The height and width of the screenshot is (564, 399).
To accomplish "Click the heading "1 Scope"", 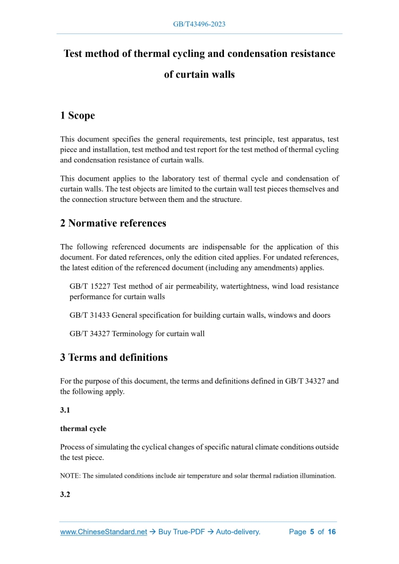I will click(77, 116).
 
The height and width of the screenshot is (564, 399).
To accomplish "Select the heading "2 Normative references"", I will click(113, 223).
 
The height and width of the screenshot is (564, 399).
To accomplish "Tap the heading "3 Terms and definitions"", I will click(113, 357).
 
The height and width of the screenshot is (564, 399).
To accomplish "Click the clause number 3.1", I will click(66, 410).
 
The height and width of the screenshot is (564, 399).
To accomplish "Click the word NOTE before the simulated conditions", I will click(70, 476).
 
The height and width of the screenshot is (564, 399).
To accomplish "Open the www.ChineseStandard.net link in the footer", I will click(104, 532).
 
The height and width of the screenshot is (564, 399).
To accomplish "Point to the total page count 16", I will click(332, 532).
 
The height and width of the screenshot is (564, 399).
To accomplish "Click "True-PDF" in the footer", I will click(186, 532).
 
